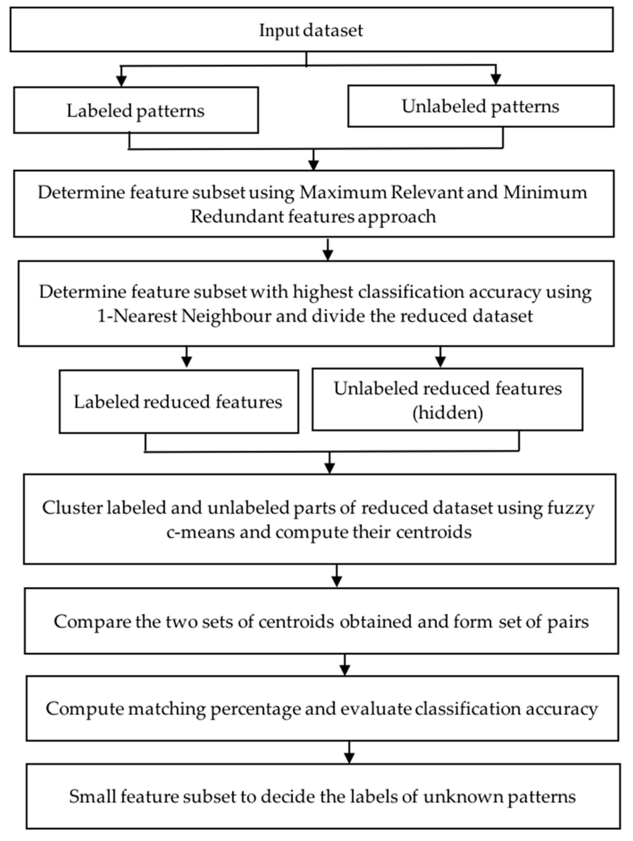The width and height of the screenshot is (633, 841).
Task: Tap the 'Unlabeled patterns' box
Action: click(480, 106)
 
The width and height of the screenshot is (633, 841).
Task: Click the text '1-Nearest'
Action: click(137, 316)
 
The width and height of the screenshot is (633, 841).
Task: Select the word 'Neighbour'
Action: click(226, 316)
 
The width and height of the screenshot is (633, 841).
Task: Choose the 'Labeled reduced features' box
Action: click(178, 402)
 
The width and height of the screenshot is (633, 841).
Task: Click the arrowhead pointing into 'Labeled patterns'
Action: click(121, 81)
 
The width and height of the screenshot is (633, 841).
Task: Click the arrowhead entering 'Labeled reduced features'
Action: click(187, 362)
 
